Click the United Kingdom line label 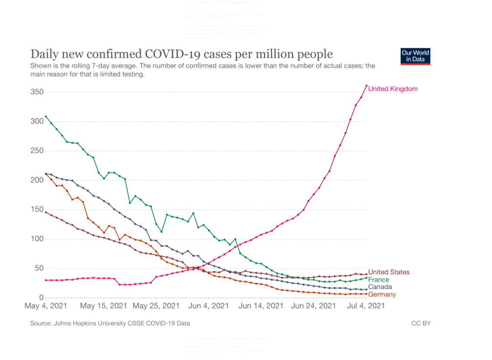click(393, 89)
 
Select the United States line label click(389, 272)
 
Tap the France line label click(379, 280)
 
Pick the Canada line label click(379, 287)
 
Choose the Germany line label click(382, 295)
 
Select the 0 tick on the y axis click(41, 297)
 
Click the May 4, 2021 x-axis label click(45, 306)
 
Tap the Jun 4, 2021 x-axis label click(208, 306)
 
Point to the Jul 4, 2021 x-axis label click(366, 306)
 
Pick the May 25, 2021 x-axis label click(156, 306)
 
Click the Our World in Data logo click(415, 56)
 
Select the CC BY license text click(421, 323)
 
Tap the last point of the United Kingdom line click(367, 85)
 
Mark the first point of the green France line click(46, 116)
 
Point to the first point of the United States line click(46, 212)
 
